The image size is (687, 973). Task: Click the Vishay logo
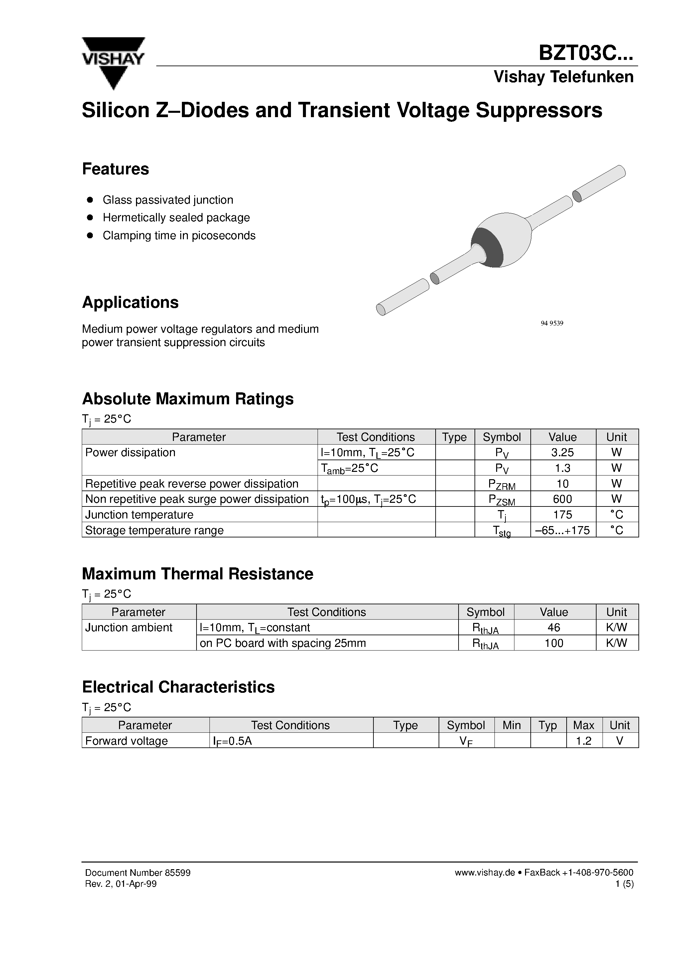coord(113,62)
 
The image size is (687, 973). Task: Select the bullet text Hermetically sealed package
coord(176,217)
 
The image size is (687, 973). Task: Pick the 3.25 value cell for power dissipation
coord(563,452)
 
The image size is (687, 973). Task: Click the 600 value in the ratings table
coord(563,499)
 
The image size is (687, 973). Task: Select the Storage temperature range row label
coord(154,530)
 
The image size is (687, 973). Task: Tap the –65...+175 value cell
coord(563,530)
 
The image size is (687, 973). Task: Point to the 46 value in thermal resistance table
coord(554,627)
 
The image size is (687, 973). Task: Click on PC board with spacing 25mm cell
coord(283,643)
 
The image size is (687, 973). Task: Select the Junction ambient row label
coord(129,627)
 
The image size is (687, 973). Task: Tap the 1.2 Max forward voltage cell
coord(583,740)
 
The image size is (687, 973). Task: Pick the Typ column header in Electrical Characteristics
coord(548,725)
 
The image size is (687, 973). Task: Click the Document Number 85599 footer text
coord(138,873)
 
